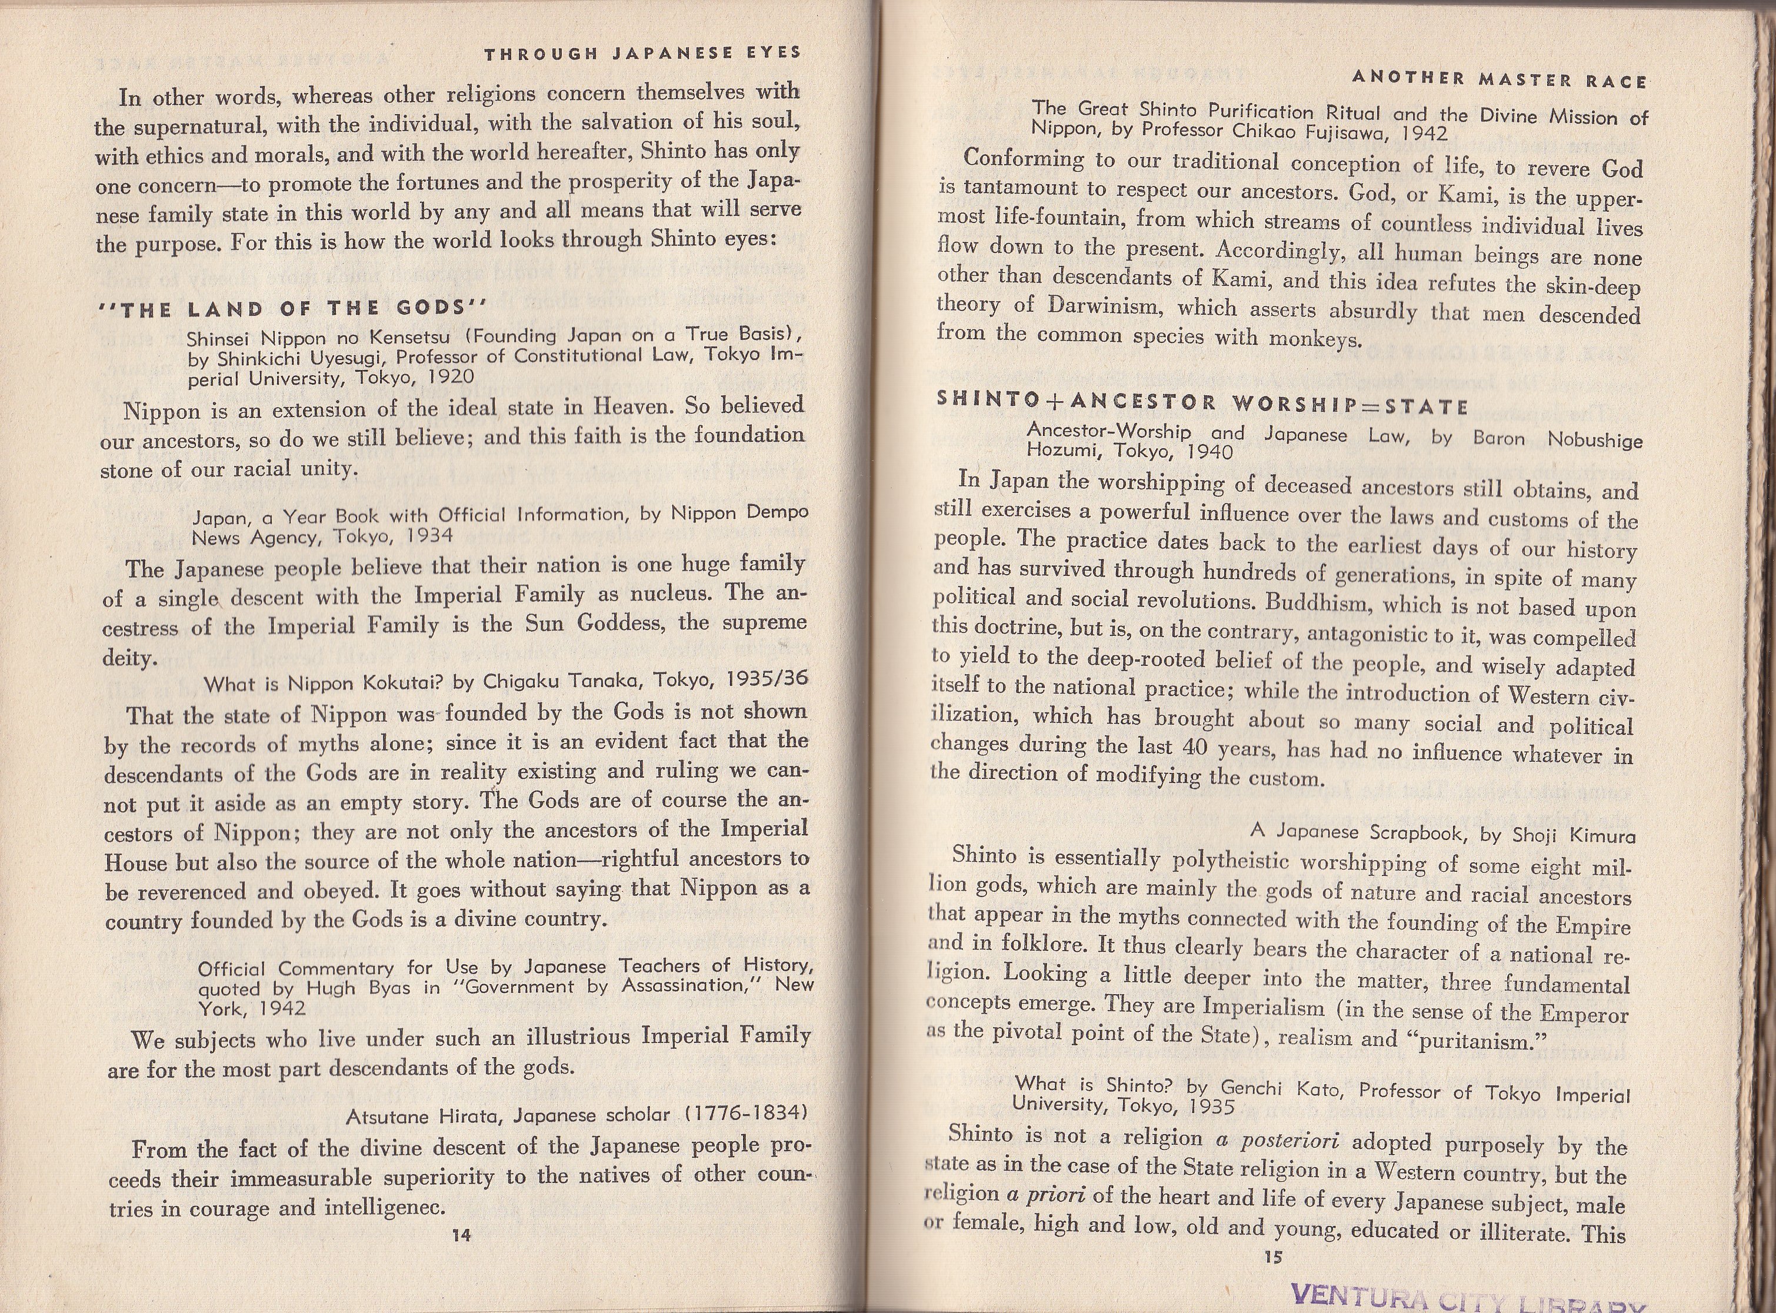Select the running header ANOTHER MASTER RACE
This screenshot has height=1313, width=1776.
pos(1499,79)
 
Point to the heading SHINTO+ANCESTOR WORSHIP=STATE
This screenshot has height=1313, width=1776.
pos(1202,404)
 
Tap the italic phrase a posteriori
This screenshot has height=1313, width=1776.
pos(1278,1141)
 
